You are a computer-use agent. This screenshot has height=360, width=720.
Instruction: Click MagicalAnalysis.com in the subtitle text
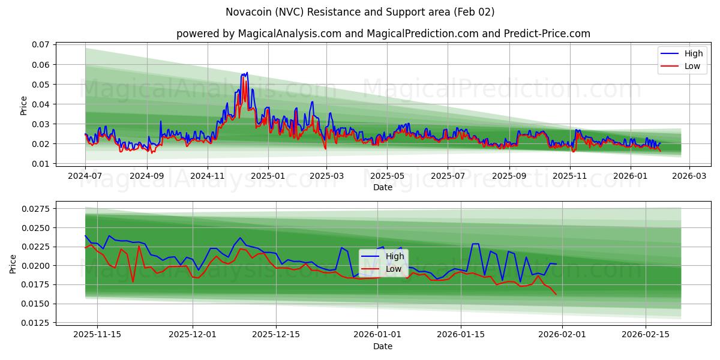pyautogui.click(x=283, y=34)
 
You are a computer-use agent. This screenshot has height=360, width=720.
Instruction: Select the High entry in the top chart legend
pyautogui.click(x=693, y=53)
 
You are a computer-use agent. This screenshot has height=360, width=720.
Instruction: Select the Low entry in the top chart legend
pyautogui.click(x=692, y=66)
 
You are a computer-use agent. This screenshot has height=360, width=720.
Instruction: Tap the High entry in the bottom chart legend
pyautogui.click(x=394, y=256)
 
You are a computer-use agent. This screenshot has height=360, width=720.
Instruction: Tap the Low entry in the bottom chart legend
pyautogui.click(x=393, y=269)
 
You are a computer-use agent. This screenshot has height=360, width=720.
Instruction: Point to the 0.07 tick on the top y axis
pyautogui.click(x=40, y=45)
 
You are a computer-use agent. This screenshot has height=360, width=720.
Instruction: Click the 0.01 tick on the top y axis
pyautogui.click(x=40, y=164)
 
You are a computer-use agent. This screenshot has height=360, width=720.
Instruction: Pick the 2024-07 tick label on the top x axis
pyautogui.click(x=85, y=176)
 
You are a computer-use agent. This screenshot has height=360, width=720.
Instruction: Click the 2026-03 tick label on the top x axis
pyautogui.click(x=689, y=176)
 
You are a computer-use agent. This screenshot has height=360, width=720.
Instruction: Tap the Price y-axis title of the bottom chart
pyautogui.click(x=13, y=263)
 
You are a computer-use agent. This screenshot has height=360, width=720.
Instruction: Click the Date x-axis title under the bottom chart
pyautogui.click(x=382, y=346)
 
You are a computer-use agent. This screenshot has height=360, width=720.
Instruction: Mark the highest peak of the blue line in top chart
pyautogui.click(x=247, y=73)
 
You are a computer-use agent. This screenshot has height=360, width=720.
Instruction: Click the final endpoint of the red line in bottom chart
pyautogui.click(x=556, y=295)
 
